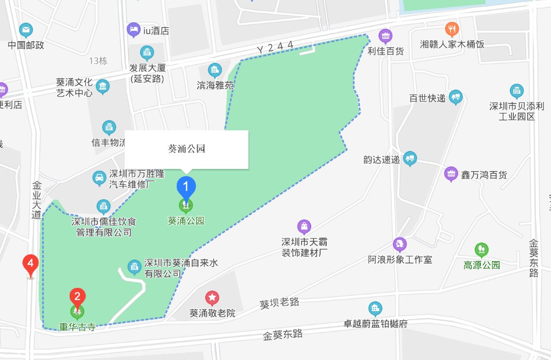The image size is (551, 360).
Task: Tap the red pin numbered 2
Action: tap(77, 297)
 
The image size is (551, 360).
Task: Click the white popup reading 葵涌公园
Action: tap(187, 149)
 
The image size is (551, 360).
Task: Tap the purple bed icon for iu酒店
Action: tap(133, 30)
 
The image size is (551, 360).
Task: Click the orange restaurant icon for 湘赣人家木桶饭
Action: tap(452, 29)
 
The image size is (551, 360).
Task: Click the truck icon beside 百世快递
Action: tap(455, 97)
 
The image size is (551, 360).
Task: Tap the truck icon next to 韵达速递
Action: tap(410, 159)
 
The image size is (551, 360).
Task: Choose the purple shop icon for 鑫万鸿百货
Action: tap(451, 174)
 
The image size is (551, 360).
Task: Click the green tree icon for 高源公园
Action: tap(481, 250)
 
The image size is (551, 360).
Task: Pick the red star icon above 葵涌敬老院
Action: tap(212, 298)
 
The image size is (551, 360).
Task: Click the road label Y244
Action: tap(275, 47)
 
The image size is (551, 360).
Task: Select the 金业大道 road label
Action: tap(36, 200)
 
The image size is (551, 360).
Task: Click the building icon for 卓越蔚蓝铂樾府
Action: tap(375, 309)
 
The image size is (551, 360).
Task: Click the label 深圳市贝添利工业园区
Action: tap(516, 111)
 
